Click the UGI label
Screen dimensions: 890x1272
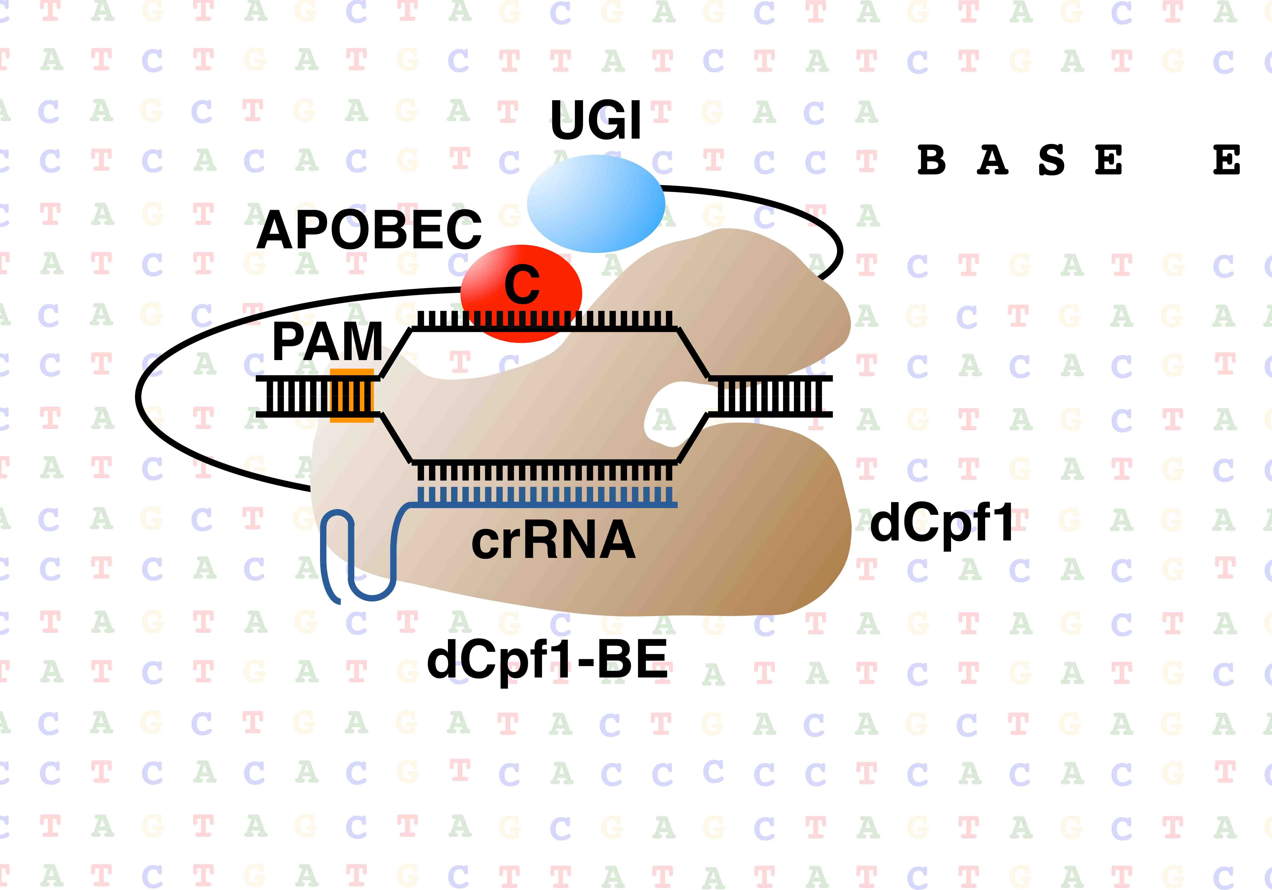596,121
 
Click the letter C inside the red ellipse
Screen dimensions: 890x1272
522,284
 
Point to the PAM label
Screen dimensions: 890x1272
327,342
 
